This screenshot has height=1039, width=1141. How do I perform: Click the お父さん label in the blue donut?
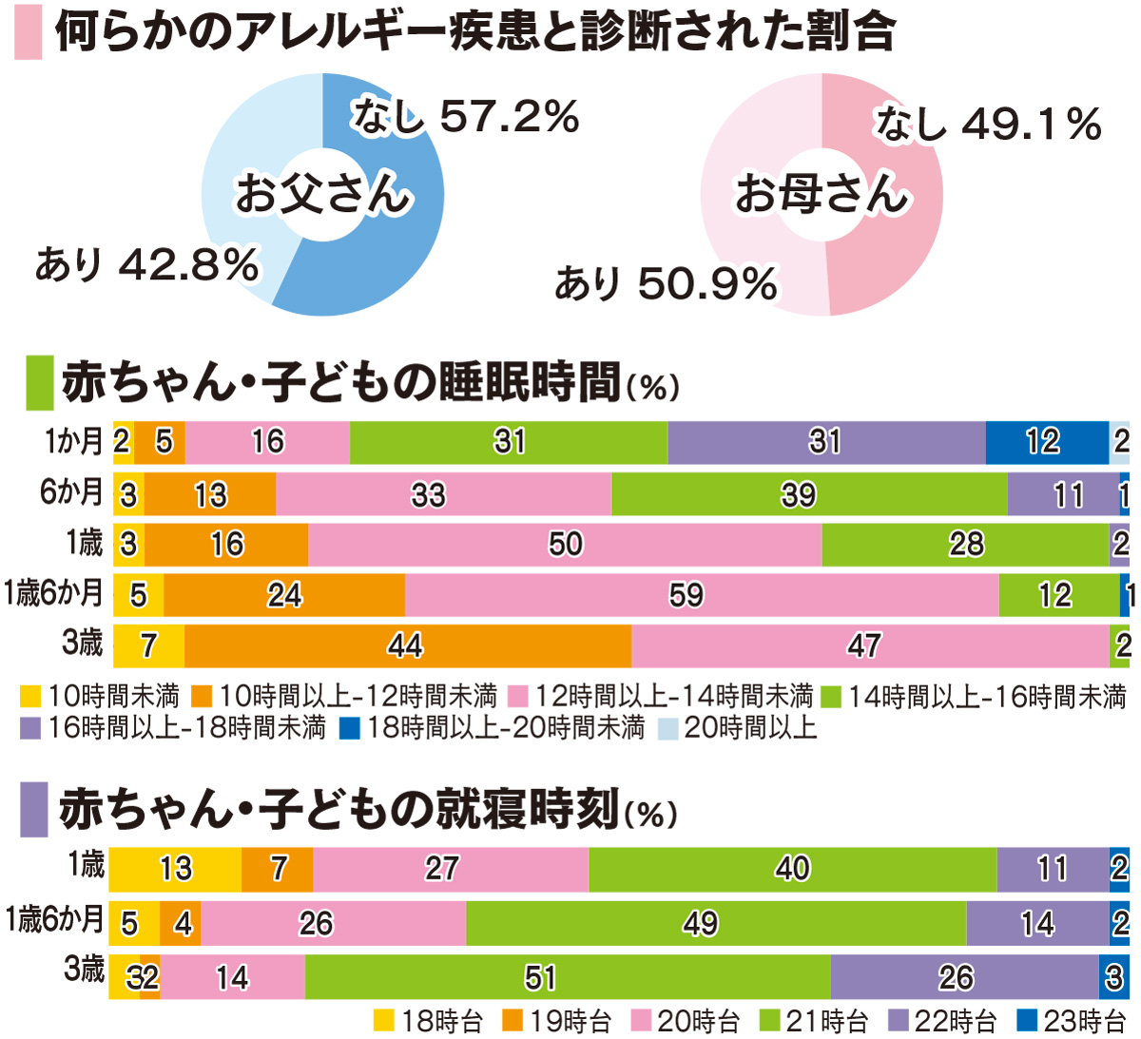322,194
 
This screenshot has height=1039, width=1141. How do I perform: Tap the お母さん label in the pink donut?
822,194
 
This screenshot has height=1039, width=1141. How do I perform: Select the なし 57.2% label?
465,117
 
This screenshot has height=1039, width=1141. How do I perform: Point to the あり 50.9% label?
666,283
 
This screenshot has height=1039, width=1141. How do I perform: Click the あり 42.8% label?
146,264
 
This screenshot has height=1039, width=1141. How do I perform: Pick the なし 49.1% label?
988,125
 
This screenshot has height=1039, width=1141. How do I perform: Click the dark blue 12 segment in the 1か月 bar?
1046,442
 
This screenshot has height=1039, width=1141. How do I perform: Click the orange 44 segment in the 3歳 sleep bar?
407,646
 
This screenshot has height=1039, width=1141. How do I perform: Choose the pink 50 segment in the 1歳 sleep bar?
565,545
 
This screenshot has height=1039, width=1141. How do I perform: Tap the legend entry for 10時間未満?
100,697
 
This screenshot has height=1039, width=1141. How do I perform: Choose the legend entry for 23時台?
1072,1022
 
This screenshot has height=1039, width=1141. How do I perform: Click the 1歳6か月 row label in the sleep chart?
53,593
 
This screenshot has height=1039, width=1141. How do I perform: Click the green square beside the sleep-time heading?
39,383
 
